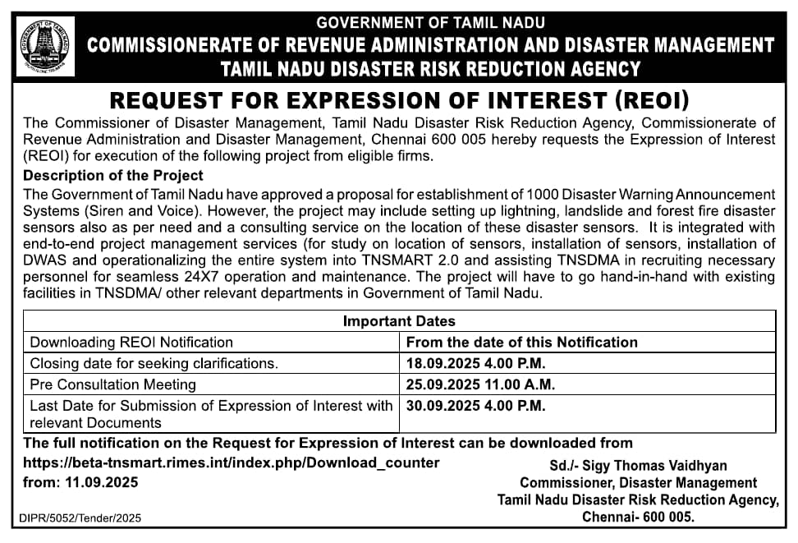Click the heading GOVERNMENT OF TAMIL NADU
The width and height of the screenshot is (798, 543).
point(430,22)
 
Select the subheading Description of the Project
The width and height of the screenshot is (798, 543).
point(113,176)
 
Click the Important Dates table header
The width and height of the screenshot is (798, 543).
point(399,321)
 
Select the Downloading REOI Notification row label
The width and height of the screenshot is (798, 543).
point(131,343)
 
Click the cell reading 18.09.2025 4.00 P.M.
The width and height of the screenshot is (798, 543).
point(476,363)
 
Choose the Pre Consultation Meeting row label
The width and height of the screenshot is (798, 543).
point(113,384)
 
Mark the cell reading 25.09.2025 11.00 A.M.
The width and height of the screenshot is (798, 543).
point(480,384)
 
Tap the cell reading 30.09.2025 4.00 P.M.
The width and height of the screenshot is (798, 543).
point(476,405)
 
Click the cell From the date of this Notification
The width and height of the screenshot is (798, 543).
point(522,343)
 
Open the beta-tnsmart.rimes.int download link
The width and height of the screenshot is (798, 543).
point(232,462)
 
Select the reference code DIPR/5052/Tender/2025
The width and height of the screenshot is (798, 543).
point(80,518)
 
